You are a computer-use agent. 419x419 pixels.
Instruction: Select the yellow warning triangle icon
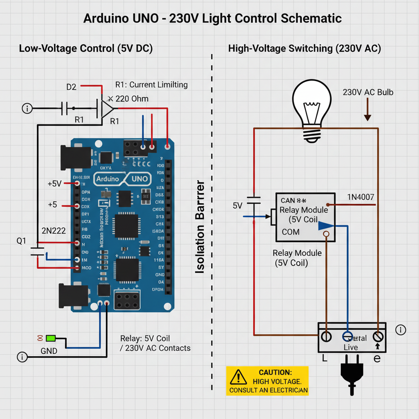(x=238, y=376)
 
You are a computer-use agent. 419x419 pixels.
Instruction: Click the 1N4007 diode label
(x=360, y=197)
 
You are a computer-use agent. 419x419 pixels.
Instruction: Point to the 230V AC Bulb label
(x=368, y=92)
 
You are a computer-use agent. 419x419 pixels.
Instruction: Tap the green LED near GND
(x=51, y=338)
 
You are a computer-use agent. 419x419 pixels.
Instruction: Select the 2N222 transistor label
(x=54, y=230)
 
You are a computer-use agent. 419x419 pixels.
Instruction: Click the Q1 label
(x=21, y=241)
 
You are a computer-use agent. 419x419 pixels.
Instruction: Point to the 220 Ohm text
(x=132, y=99)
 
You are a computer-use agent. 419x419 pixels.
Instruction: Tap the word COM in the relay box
(x=291, y=232)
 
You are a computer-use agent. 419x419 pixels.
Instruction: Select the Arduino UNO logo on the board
(x=123, y=179)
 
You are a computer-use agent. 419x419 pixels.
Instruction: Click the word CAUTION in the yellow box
(x=275, y=372)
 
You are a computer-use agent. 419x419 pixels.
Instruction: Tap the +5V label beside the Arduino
(x=54, y=184)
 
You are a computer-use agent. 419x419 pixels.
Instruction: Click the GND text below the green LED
(x=49, y=351)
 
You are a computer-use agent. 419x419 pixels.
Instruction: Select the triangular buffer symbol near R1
(x=108, y=108)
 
